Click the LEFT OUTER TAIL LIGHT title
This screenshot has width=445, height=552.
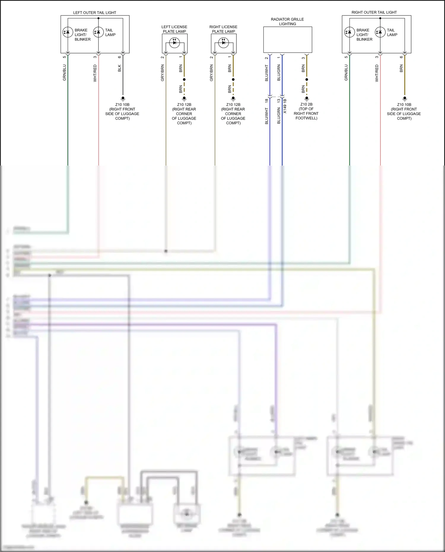click(95, 13)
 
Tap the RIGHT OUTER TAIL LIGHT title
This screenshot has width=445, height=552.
click(374, 12)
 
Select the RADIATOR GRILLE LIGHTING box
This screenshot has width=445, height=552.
click(287, 40)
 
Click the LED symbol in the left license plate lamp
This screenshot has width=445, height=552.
click(174, 42)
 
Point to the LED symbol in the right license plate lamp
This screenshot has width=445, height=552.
click(223, 42)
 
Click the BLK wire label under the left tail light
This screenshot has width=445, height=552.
click(120, 68)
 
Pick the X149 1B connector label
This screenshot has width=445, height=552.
click(285, 106)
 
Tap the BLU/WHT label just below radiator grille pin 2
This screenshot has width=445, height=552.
click(266, 73)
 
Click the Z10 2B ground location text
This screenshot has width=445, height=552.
click(306, 111)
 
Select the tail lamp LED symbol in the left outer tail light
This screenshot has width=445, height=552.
click(98, 32)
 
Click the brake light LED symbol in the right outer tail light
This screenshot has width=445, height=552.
click(349, 32)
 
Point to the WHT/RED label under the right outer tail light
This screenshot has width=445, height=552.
click(377, 73)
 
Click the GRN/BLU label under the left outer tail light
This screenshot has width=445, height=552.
click(64, 73)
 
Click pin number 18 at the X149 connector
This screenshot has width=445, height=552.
click(266, 101)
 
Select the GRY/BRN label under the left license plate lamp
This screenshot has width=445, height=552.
click(162, 73)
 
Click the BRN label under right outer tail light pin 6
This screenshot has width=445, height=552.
click(401, 69)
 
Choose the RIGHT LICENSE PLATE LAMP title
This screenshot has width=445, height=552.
click(223, 29)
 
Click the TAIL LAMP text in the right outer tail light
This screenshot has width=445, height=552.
click(392, 32)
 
